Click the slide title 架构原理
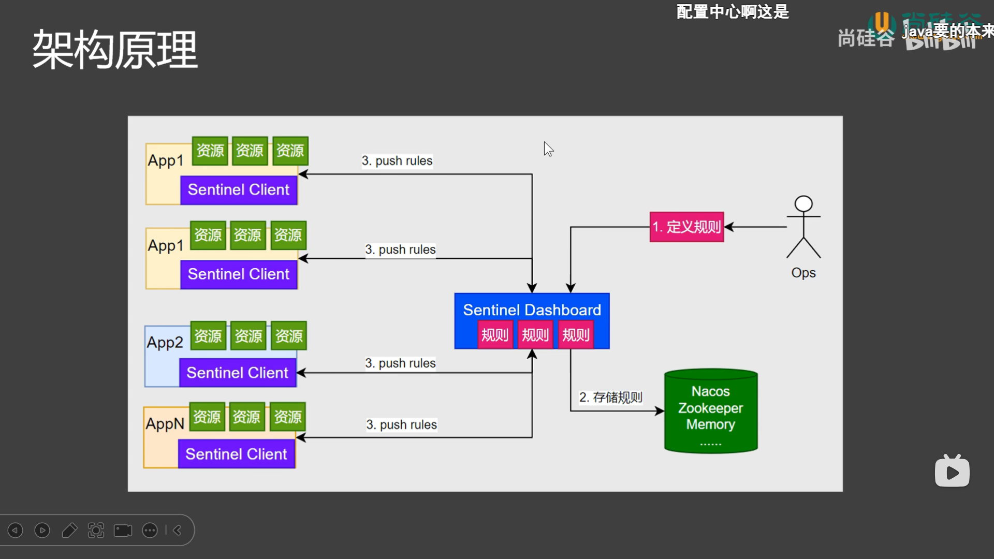coord(115,50)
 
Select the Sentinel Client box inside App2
coord(238,373)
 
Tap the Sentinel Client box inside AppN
coord(236,454)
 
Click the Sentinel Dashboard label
coord(532,310)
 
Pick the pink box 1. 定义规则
coord(686,227)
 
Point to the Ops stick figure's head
coord(803,203)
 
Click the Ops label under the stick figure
coord(803,273)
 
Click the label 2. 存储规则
coord(610,397)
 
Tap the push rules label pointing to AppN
coord(401,424)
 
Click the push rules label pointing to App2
coord(400,363)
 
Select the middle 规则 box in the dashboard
coord(535,335)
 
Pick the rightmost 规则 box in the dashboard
coord(576,335)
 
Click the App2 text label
coord(165,342)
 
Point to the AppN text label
coord(165,423)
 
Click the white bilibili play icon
coord(952,472)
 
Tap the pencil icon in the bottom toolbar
coord(69,530)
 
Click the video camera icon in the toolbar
coord(123,530)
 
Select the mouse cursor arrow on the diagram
coord(548,149)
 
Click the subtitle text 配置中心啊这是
coord(733,11)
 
